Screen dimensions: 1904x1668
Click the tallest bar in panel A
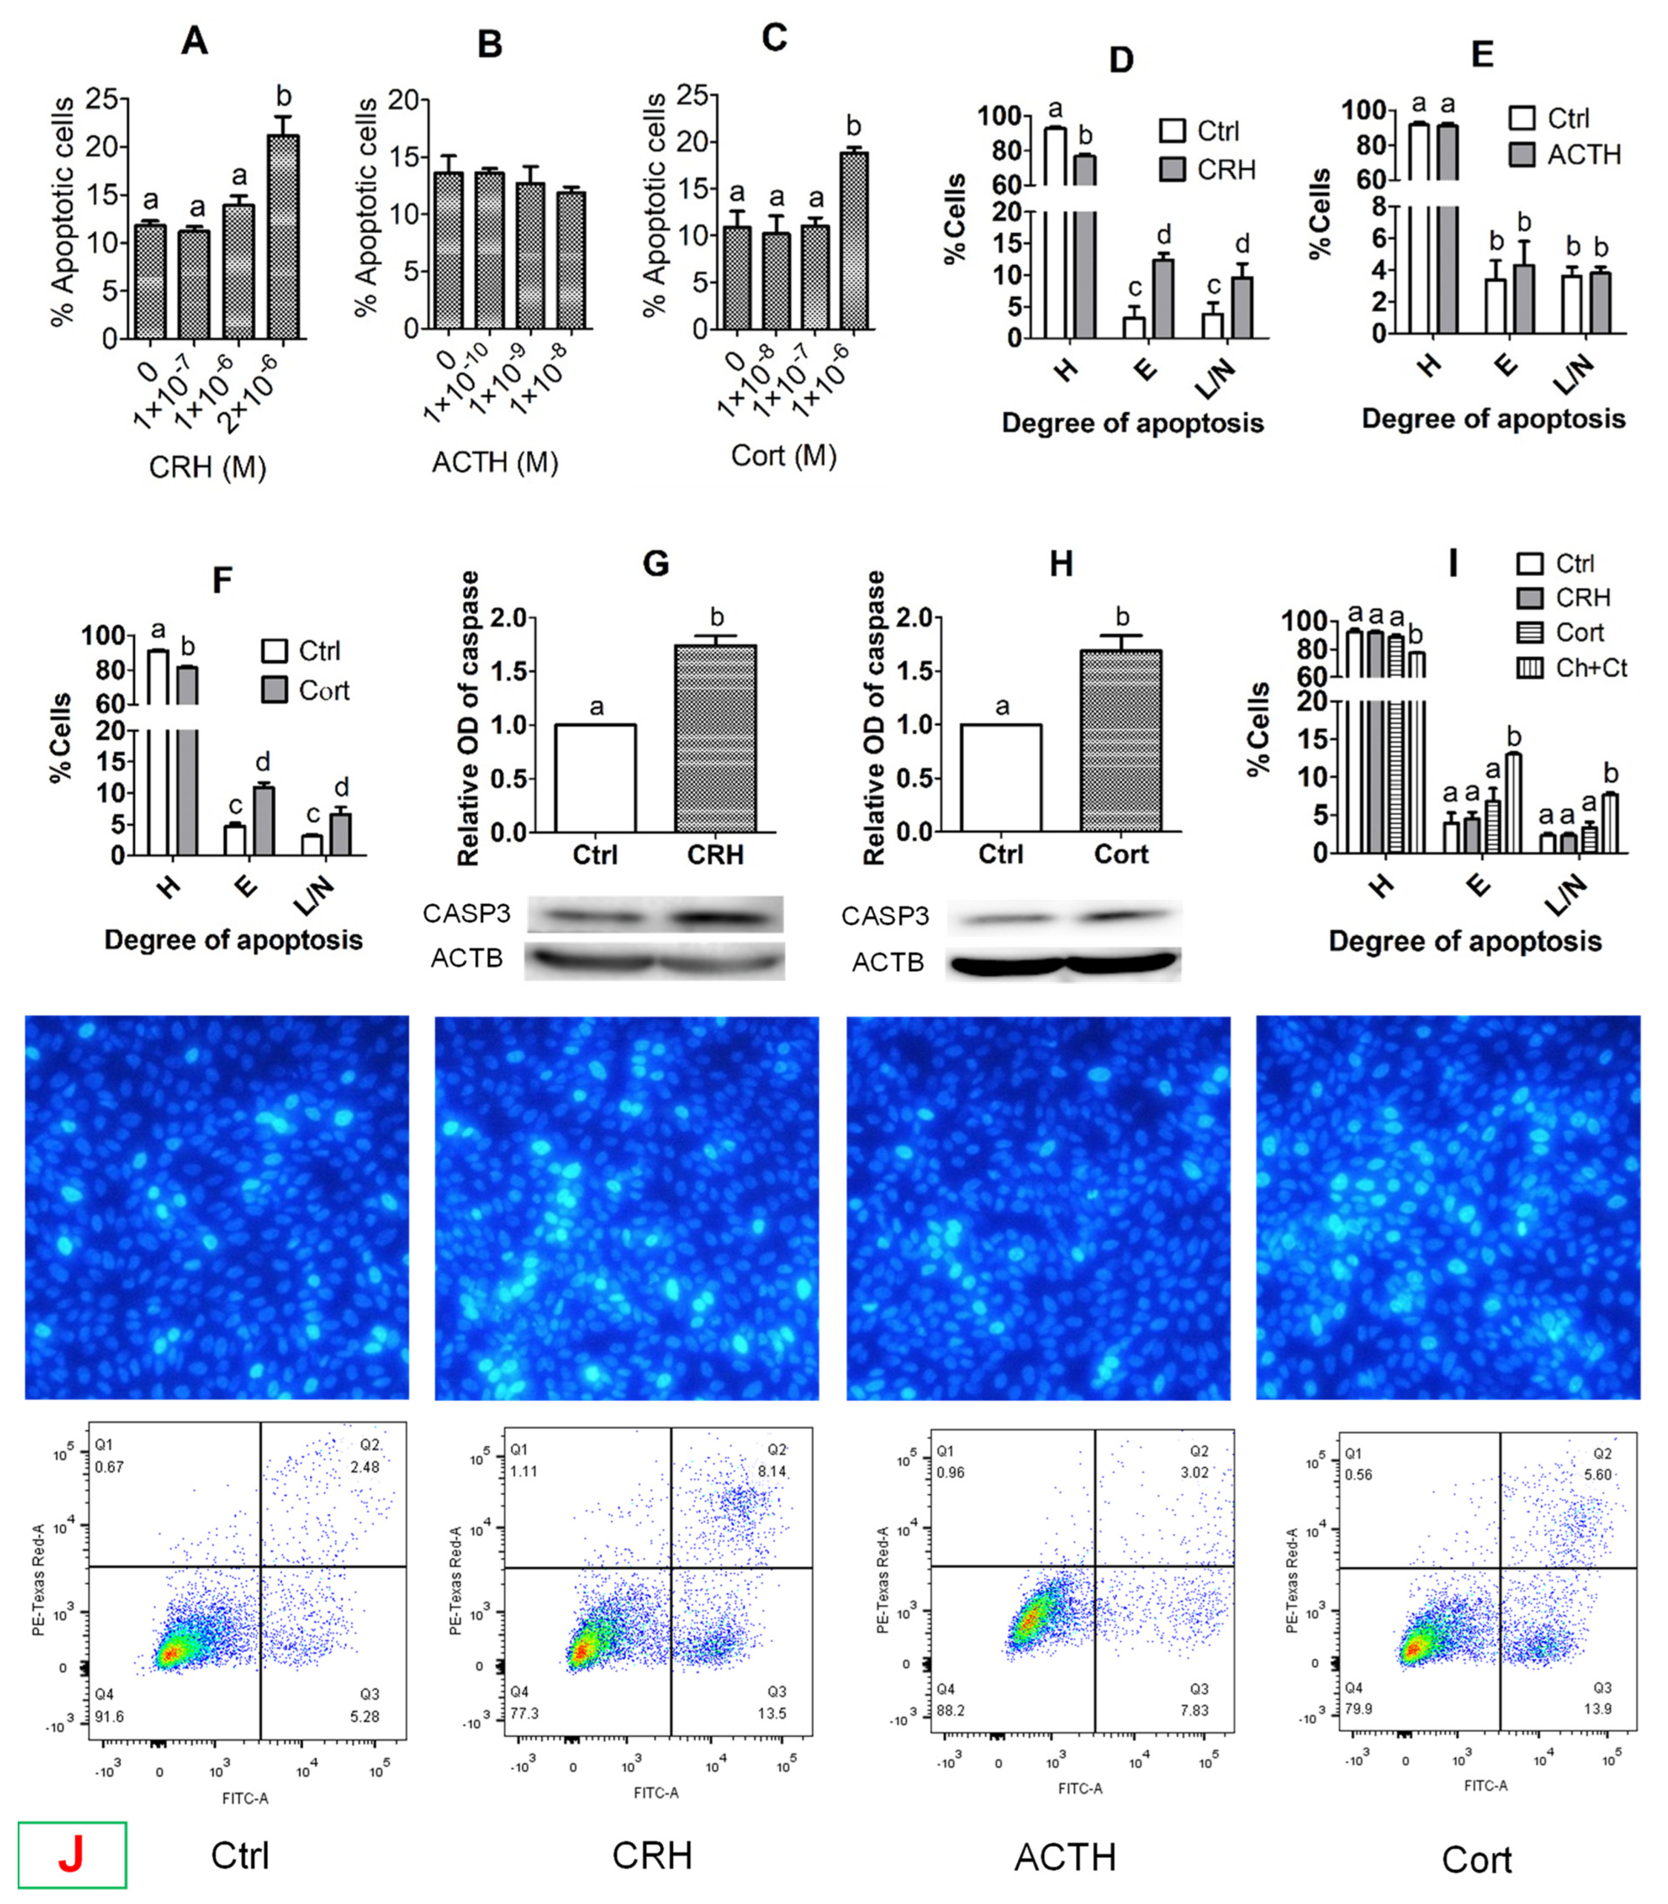pos(283,237)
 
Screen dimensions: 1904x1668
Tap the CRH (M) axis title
pos(208,466)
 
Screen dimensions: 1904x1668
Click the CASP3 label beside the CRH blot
pos(466,913)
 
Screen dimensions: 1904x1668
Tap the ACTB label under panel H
pos(888,962)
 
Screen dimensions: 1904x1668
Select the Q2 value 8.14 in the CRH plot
pos(773,1471)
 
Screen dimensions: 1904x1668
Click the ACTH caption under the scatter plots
pos(1065,1857)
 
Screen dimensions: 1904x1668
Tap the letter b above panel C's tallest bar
pos(853,125)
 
